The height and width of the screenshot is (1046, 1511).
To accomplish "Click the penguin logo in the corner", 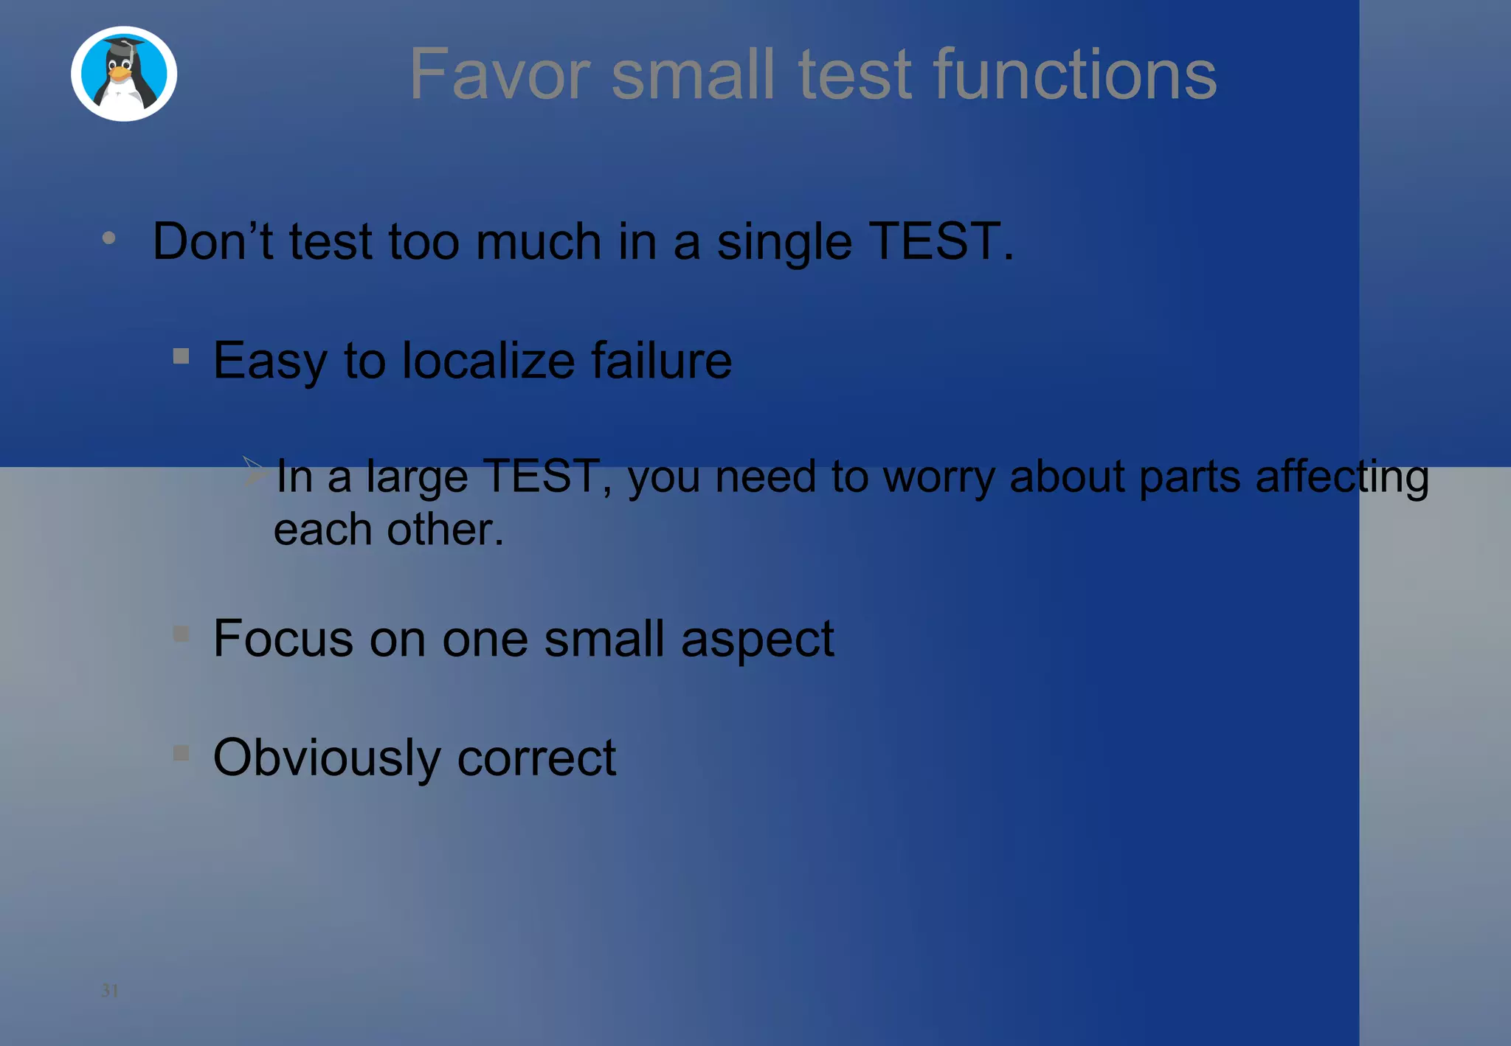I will [124, 74].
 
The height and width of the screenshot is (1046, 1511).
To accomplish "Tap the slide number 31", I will [110, 990].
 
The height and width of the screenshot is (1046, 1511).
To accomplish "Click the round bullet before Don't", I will [109, 238].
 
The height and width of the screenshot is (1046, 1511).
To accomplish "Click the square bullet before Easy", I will [181, 357].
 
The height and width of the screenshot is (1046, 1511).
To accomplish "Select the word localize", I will [488, 361].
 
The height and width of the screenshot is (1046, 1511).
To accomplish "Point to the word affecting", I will [1342, 477].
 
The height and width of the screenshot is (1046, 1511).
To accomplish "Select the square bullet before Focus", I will [181, 634].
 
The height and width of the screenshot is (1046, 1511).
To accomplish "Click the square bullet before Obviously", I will [181, 753].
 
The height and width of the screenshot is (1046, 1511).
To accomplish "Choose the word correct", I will [536, 758].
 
